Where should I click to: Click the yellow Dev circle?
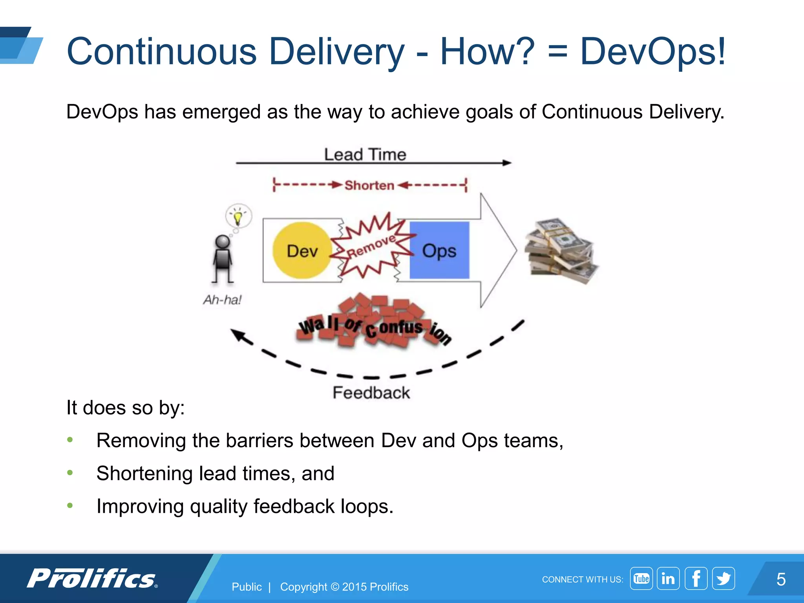301,250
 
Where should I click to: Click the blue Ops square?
439,250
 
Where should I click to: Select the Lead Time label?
365,154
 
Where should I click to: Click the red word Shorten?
369,185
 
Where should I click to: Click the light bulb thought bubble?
238,216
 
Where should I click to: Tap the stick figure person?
223,259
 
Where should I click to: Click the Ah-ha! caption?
222,300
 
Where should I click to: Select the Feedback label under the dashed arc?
371,393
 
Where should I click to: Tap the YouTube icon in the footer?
641,578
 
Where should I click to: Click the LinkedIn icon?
668,578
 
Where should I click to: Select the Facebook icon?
696,578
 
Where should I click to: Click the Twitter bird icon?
723,578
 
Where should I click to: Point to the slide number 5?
781,579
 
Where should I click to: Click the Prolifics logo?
92,579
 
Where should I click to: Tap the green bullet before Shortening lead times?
70,473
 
